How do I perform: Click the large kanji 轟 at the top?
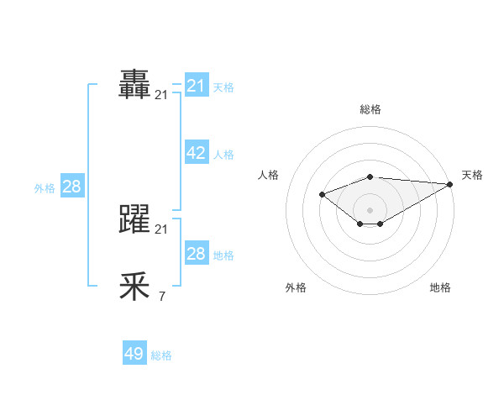(x=135, y=84)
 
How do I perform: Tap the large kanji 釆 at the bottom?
(x=135, y=287)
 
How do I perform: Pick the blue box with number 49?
(x=134, y=354)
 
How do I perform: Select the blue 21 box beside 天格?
(x=197, y=85)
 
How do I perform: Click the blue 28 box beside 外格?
(x=71, y=187)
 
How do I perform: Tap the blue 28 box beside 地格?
(x=197, y=253)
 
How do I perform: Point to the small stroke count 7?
(x=161, y=296)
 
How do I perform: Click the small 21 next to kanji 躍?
(x=161, y=229)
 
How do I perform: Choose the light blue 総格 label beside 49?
(x=161, y=355)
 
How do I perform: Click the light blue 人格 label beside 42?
(x=223, y=155)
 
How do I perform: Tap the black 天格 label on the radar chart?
(x=472, y=175)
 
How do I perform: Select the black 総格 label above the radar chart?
(x=370, y=109)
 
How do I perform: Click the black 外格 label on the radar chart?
(x=296, y=287)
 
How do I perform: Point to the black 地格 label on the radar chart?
(x=440, y=287)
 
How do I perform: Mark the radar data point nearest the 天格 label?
(x=450, y=184)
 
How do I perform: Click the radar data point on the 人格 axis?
(x=322, y=194)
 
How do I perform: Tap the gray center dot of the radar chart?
(x=370, y=209)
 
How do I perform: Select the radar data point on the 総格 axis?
(x=370, y=176)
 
